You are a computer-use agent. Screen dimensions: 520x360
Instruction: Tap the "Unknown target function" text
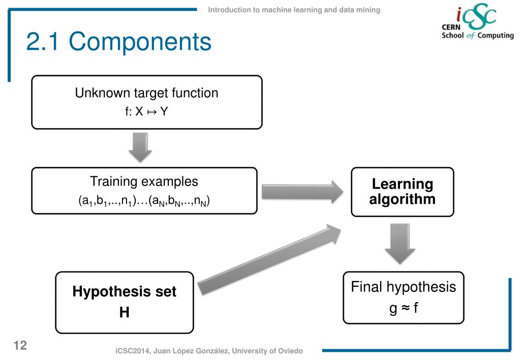pyautogui.click(x=146, y=93)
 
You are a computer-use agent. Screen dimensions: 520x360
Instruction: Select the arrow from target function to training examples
pyautogui.click(x=140, y=146)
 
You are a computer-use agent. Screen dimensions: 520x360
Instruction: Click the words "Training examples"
pyautogui.click(x=144, y=181)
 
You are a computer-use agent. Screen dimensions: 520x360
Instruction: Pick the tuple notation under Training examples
pyautogui.click(x=144, y=200)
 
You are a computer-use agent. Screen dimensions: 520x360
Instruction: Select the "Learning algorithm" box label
pyautogui.click(x=402, y=191)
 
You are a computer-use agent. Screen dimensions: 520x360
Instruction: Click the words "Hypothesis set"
pyautogui.click(x=124, y=291)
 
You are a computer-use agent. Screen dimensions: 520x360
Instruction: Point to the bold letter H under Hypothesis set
pyautogui.click(x=124, y=312)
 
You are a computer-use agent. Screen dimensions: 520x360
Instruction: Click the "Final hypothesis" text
pyautogui.click(x=403, y=287)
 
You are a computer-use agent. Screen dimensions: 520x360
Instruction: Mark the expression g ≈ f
pyautogui.click(x=403, y=308)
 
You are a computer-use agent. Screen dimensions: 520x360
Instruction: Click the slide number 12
pyautogui.click(x=20, y=346)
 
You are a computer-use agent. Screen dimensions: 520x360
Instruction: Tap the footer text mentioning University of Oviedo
pyautogui.click(x=209, y=351)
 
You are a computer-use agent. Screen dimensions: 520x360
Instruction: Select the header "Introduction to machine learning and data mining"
pyautogui.click(x=294, y=10)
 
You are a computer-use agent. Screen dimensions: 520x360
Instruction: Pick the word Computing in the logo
pyautogui.click(x=495, y=36)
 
